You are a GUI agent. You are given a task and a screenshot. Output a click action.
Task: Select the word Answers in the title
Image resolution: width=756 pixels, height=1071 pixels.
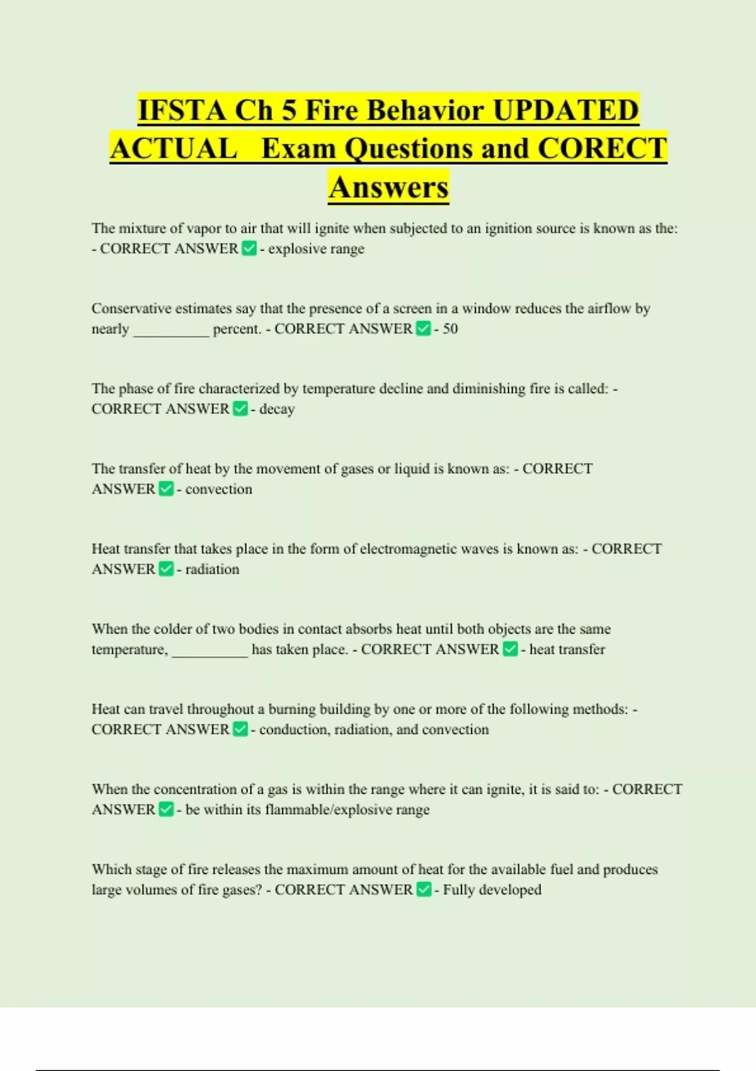[388, 187]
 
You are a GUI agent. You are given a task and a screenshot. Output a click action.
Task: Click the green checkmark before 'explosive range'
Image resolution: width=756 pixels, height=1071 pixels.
[249, 249]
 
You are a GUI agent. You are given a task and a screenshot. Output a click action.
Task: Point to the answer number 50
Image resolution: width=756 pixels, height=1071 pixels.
[450, 329]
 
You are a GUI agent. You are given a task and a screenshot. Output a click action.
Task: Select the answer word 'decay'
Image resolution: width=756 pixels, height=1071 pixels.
[277, 409]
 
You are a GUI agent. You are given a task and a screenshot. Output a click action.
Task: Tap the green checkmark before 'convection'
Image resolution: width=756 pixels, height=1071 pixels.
[166, 490]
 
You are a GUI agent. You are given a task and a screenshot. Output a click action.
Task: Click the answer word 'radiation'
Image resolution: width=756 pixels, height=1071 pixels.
[212, 570]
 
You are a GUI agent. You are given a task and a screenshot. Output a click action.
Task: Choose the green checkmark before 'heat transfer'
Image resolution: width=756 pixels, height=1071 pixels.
[510, 650]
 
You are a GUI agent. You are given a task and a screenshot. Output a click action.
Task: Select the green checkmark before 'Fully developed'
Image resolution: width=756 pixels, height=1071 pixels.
[424, 890]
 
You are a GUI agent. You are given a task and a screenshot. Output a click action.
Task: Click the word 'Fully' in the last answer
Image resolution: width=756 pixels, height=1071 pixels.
[459, 890]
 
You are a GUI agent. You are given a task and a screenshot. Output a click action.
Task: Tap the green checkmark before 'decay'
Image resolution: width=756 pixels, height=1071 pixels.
[240, 409]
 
